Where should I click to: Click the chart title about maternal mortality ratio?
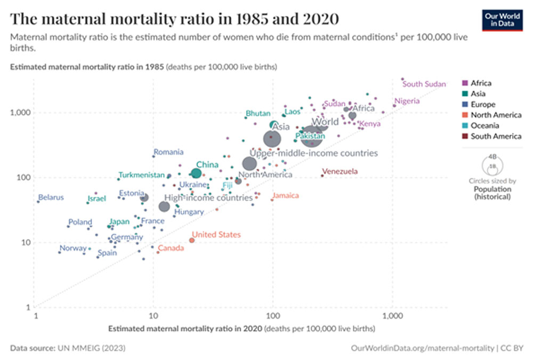174,19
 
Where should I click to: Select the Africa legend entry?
480,83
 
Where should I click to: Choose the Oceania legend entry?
484,126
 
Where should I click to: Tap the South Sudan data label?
424,84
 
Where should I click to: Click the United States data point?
192,240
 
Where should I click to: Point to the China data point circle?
196,173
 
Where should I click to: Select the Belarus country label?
51,197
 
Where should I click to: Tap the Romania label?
168,152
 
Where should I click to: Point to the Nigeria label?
407,101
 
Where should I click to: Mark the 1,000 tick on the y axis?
20,113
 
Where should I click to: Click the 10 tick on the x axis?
154,316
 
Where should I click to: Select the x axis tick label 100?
272,316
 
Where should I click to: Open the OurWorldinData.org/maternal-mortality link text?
422,348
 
